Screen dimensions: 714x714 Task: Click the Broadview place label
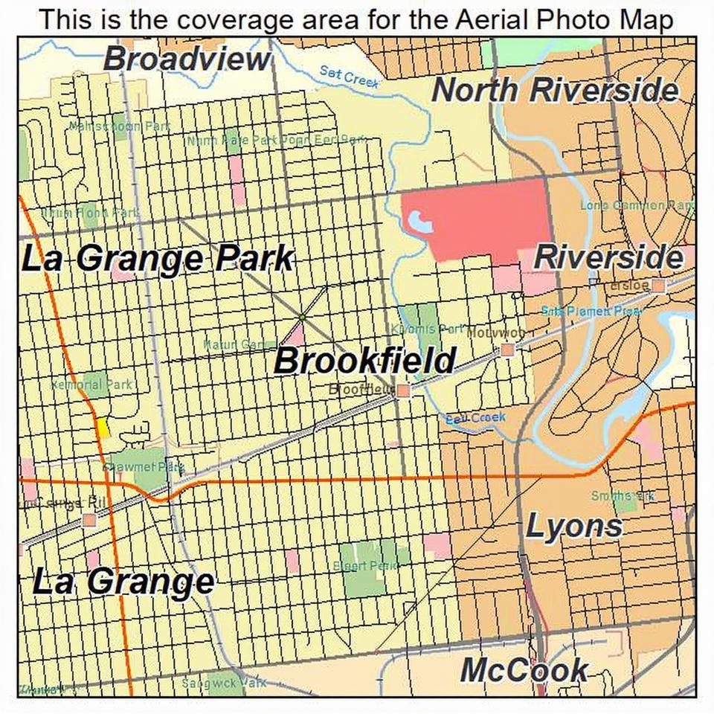point(187,59)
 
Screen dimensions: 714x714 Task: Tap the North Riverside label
point(555,90)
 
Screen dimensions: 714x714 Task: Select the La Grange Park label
point(157,259)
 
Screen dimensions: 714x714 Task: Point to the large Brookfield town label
point(364,361)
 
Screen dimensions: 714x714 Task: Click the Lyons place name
point(573,526)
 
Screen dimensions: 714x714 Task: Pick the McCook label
point(524,670)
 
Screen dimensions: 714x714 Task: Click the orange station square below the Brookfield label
point(403,390)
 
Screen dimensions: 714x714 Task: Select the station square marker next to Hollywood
point(507,349)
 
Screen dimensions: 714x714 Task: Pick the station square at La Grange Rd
point(90,519)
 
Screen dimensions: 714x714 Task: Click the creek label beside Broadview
point(349,74)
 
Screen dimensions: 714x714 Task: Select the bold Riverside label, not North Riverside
point(608,257)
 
